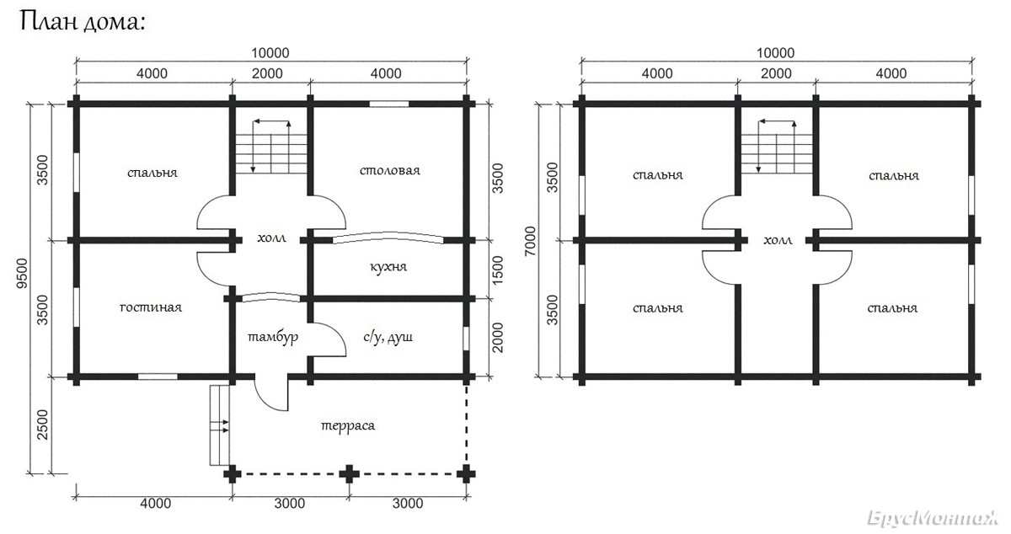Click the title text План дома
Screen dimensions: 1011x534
[83, 22]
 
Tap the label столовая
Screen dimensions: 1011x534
[390, 170]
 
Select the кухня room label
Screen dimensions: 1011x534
[388, 266]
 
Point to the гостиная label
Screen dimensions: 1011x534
[151, 307]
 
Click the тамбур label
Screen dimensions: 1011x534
[273, 337]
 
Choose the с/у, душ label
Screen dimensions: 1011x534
[388, 337]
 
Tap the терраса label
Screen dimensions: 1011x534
[348, 425]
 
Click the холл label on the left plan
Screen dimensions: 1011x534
[271, 238]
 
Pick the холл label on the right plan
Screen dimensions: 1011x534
[778, 240]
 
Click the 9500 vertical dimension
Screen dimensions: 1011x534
[22, 274]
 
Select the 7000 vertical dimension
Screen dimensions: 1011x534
[530, 241]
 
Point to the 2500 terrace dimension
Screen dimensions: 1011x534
[42, 425]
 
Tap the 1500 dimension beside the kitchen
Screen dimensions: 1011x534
[497, 270]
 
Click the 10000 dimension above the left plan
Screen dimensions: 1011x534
[270, 53]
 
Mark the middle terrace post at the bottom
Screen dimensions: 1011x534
[350, 474]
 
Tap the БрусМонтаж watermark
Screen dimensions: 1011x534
[933, 518]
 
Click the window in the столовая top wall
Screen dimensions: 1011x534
[389, 104]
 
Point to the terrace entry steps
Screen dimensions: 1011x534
[219, 425]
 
